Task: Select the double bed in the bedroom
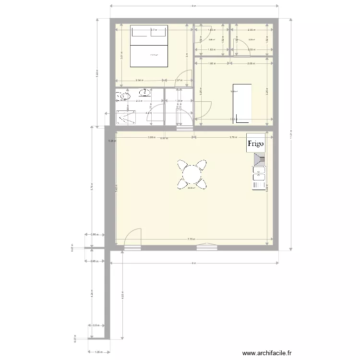pos(149,48)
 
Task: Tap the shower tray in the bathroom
pos(126,116)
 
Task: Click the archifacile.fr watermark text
pos(267,353)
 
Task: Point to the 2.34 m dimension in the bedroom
pos(139,80)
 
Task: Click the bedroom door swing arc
pos(188,76)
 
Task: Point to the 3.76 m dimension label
pos(233,137)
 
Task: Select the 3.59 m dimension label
pos(152,137)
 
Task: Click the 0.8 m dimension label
pos(96,325)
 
